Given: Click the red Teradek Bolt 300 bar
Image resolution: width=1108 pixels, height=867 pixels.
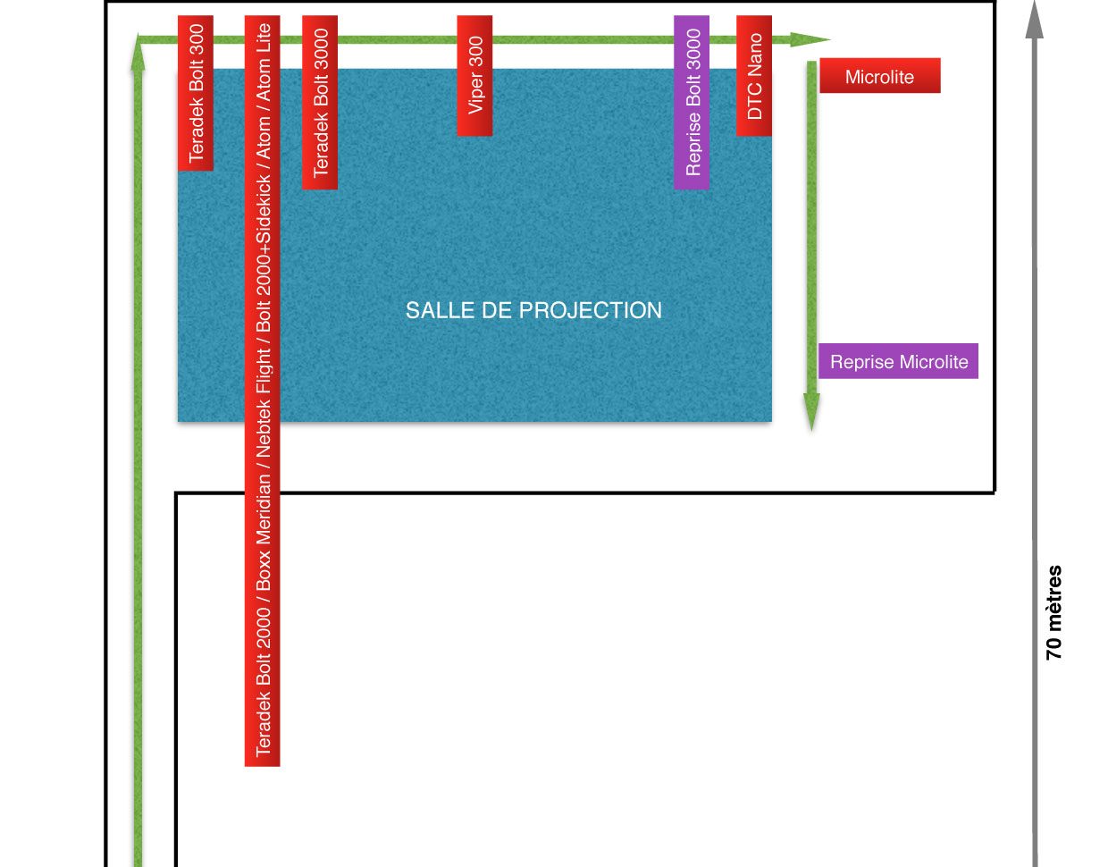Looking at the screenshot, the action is tap(196, 93).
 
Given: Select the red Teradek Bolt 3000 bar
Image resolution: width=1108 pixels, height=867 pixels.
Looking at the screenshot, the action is tap(320, 102).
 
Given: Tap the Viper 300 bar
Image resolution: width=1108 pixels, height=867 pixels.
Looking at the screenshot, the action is tap(474, 75).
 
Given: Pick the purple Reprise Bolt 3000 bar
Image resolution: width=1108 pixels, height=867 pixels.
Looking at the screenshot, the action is tap(692, 102).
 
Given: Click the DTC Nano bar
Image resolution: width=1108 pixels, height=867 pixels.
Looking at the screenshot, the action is tap(753, 75).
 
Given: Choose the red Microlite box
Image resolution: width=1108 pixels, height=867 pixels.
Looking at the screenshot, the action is tap(880, 75).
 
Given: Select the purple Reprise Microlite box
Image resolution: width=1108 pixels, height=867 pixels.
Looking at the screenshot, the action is tap(898, 361).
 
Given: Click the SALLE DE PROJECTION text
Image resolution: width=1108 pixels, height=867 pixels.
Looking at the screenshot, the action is tap(533, 310).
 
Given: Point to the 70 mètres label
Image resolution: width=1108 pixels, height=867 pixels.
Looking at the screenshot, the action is tap(1053, 612).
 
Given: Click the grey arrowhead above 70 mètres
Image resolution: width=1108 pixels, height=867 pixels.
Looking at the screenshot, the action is tap(1035, 21).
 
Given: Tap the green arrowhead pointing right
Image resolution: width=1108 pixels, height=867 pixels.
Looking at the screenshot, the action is tap(810, 40).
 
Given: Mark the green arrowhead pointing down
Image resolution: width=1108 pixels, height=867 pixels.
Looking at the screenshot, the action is tap(811, 412).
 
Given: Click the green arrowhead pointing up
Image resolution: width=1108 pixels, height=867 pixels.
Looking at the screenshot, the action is tap(138, 52).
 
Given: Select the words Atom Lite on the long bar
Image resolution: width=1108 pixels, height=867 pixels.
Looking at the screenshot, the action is tap(263, 63).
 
